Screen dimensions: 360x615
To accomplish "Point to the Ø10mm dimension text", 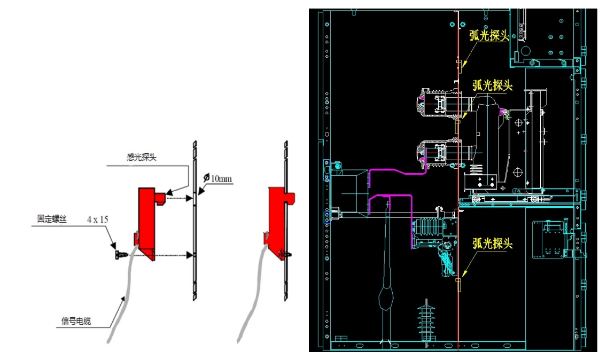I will coord(219,178).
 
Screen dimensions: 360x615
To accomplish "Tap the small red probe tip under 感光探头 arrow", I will coord(160,198).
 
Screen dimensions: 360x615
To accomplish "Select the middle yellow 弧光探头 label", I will coord(493,85).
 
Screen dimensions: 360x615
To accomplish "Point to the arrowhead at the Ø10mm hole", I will coord(198,191).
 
